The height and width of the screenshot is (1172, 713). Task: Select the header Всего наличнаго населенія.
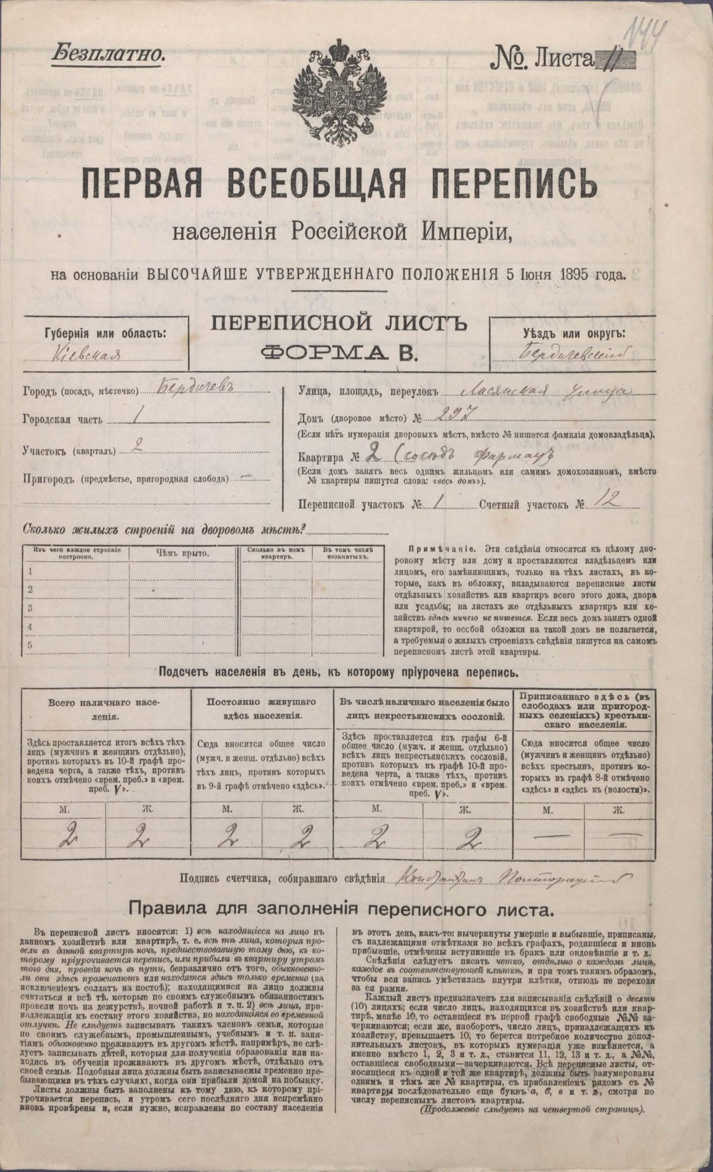tap(106, 707)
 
